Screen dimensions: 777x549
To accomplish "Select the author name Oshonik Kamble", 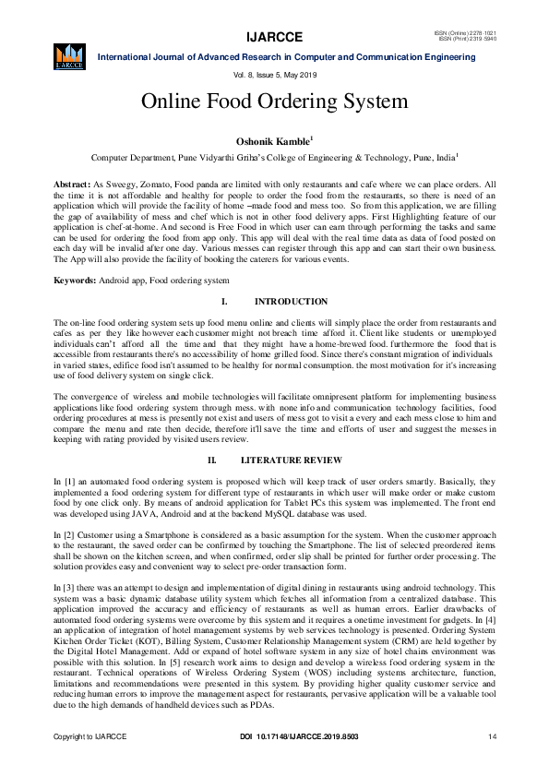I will coord(273,141).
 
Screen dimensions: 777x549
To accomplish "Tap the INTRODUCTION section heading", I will coord(291,302).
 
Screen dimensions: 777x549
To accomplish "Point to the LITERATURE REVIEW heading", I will coord(291,460).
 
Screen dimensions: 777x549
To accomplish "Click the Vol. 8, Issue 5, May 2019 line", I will coord(274,74).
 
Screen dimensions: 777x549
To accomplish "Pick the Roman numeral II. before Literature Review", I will coord(211,460).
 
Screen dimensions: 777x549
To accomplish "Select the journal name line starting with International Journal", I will coord(287,57).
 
